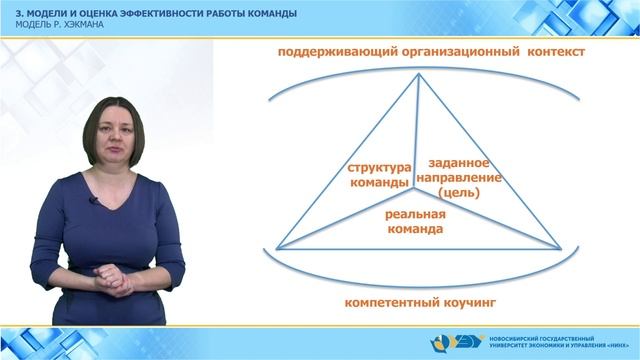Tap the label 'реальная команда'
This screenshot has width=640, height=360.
415,222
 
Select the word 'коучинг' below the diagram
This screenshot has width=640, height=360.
465,300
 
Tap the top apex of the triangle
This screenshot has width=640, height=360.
418,78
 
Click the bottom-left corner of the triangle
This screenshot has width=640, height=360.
272,248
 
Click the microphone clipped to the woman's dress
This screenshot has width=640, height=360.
95,202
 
